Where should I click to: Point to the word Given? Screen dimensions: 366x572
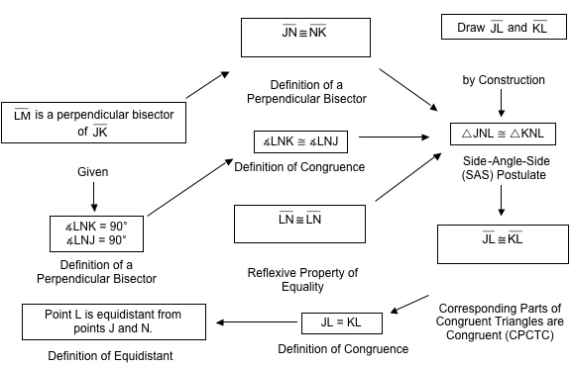(92, 171)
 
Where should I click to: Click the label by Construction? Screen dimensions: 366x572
(504, 79)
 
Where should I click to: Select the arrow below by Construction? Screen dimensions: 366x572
(504, 101)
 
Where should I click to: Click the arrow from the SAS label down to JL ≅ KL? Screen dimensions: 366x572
(504, 200)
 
